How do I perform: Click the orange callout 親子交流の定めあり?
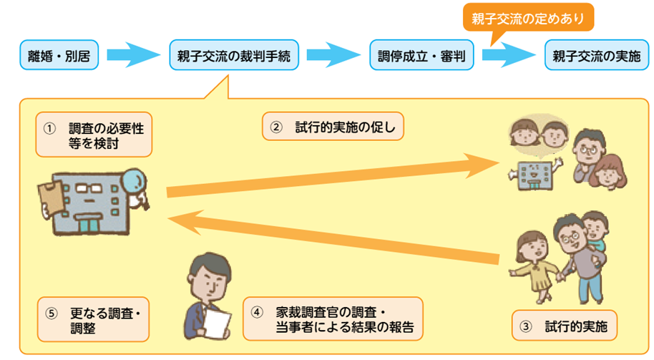[x=528, y=17]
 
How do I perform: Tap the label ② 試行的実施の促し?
[x=333, y=127]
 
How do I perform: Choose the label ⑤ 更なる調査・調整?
[x=94, y=320]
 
